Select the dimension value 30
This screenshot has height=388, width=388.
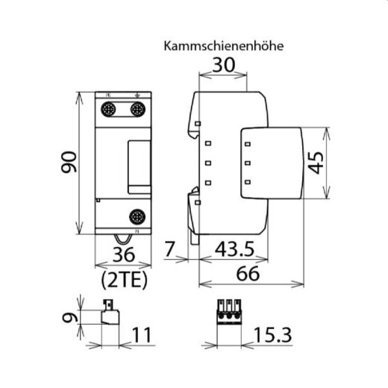[x=225, y=65]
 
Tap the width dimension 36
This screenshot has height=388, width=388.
[x=122, y=255]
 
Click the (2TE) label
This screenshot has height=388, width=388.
[x=122, y=281]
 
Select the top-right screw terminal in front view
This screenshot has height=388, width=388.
[x=137, y=109]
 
